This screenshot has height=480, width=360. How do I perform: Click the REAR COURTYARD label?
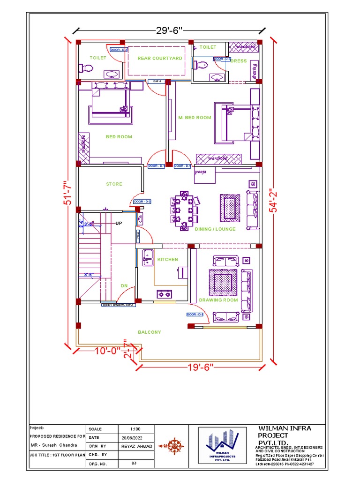click(153, 58)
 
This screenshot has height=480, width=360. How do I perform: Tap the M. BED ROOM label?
click(195, 118)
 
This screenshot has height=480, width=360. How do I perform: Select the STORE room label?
click(114, 184)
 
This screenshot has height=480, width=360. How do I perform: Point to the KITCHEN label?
click(167, 259)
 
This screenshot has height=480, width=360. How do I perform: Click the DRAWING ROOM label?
click(218, 300)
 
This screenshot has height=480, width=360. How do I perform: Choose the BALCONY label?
click(149, 332)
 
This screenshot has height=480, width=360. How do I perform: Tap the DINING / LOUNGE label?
click(215, 229)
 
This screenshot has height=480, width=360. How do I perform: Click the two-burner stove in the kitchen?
click(164, 294)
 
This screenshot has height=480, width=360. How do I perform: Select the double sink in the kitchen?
click(149, 257)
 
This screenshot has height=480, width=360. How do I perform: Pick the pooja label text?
click(200, 172)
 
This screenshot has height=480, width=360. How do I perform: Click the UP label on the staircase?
click(119, 224)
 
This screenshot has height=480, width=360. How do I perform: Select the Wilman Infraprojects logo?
click(222, 447)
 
